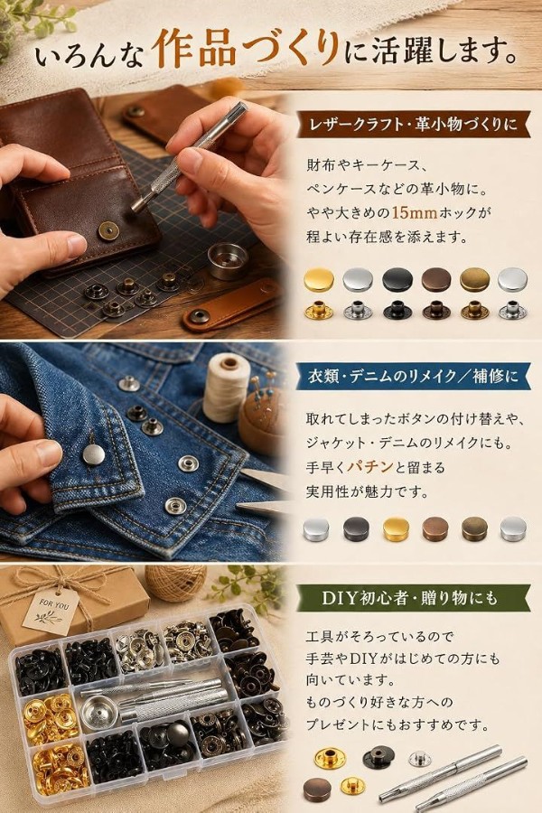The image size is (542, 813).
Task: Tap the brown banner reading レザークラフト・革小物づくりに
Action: point(413,125)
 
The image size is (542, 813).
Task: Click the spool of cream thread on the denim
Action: point(226,386)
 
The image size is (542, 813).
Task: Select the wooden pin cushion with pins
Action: point(262,412)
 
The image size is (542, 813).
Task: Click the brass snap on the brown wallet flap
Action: point(108,229)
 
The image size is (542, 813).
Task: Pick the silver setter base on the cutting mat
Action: point(227,260)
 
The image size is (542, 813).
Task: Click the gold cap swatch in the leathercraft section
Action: point(319,280)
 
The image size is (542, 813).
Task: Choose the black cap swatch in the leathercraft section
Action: point(397,279)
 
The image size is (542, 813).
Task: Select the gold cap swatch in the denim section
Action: point(396,528)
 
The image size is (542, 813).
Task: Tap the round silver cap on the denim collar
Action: point(93,453)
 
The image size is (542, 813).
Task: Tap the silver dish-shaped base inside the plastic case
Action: point(99,713)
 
